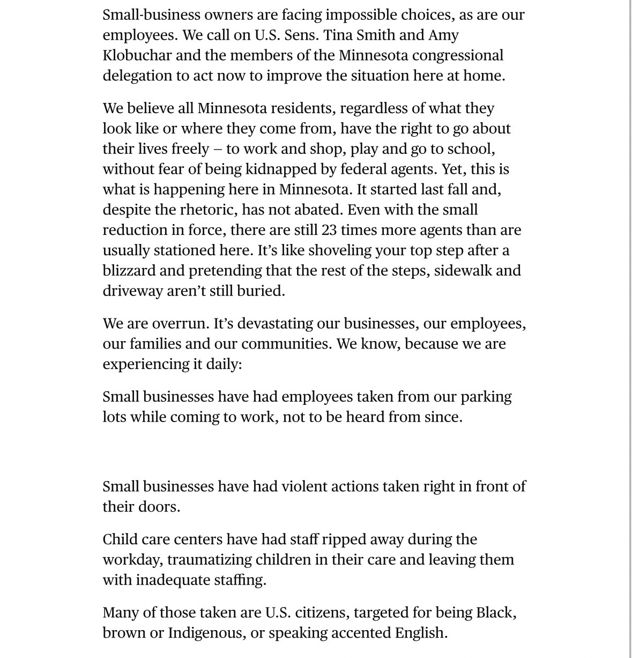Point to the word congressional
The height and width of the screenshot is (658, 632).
458,55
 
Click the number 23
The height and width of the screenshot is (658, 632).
329,230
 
